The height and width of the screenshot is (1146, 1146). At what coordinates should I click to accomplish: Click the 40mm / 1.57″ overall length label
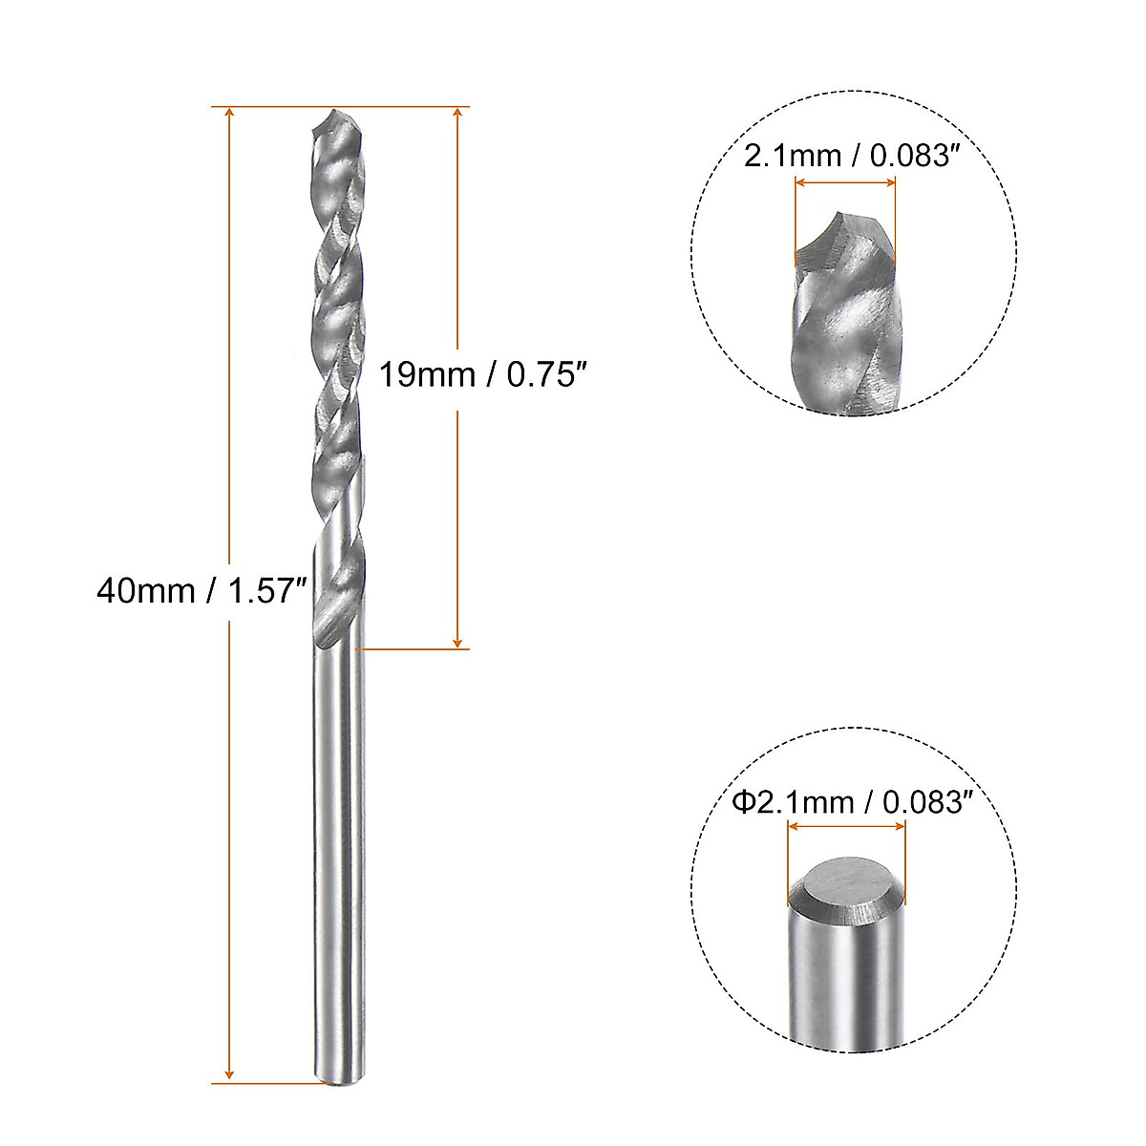tap(201, 591)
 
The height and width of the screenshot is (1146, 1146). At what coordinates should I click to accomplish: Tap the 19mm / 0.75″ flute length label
tap(480, 374)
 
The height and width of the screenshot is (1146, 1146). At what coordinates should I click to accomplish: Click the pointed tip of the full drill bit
tap(334, 113)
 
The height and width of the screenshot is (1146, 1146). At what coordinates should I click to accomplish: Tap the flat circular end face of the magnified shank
tap(846, 883)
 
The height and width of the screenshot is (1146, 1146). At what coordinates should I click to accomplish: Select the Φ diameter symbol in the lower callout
tap(744, 802)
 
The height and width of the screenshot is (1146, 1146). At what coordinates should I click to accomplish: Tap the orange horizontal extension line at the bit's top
tap(401, 106)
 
